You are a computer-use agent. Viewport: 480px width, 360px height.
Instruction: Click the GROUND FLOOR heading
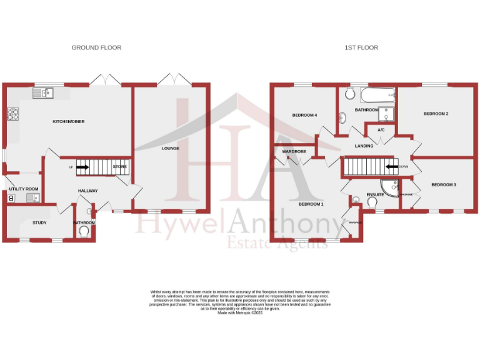coord(96,47)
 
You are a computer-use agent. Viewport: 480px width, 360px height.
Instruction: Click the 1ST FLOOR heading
coord(361,47)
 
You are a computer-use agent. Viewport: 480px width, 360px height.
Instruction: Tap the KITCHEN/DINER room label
coord(69,121)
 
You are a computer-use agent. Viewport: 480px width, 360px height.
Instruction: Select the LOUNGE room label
coord(170,148)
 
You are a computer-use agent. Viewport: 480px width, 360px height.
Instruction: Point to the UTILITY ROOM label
coord(24,189)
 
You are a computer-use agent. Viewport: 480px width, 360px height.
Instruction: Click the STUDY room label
coord(40,222)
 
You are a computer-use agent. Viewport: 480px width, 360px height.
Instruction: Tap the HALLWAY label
coord(88,191)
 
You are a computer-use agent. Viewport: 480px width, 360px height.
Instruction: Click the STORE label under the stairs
coord(119,167)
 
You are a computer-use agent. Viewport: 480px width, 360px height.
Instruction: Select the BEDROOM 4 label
coord(305,115)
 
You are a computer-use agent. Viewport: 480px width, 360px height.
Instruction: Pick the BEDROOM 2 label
coord(436,114)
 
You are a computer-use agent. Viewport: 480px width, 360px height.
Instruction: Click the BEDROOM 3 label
coord(443,184)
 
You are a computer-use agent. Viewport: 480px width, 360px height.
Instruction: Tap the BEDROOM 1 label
coord(311,204)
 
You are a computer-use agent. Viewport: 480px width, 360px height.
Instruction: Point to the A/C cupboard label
coord(381,130)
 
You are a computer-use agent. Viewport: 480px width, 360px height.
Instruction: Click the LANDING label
coord(364,146)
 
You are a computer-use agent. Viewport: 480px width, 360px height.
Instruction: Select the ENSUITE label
coord(375,194)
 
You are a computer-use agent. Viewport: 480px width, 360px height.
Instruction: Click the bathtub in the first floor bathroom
coord(378,96)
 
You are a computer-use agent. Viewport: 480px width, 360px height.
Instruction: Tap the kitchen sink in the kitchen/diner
coord(47,93)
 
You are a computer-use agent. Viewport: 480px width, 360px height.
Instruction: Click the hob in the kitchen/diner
coord(12,114)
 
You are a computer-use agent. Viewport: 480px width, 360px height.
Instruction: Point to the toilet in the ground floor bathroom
coord(84,231)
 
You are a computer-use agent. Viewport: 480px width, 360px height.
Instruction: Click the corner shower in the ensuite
coord(391,187)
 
